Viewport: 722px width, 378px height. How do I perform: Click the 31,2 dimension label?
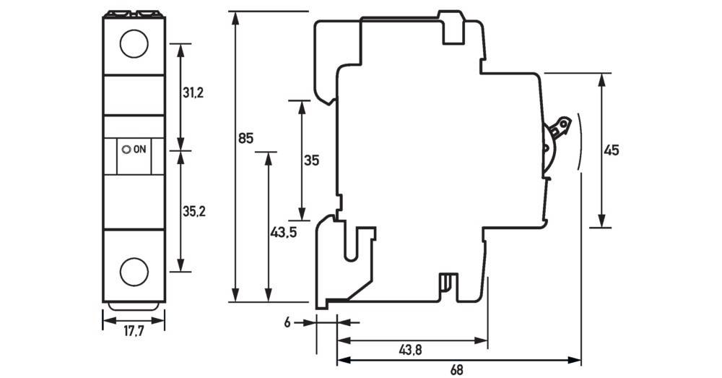(x=193, y=93)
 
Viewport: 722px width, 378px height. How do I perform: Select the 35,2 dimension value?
(x=193, y=212)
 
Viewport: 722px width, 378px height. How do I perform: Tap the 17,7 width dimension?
(x=133, y=332)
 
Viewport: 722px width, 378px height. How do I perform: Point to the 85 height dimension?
(x=245, y=138)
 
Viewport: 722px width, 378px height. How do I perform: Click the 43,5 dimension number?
(x=284, y=233)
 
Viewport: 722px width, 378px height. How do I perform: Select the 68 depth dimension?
(x=456, y=370)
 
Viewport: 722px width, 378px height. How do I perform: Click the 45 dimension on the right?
(x=612, y=150)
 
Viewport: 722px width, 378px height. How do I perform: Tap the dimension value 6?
(x=287, y=323)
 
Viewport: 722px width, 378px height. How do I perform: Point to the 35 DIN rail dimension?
(x=311, y=160)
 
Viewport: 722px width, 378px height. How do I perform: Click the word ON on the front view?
(x=140, y=150)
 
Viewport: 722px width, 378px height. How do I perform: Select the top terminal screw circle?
(x=133, y=44)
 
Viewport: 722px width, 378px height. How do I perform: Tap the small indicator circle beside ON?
(x=127, y=150)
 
